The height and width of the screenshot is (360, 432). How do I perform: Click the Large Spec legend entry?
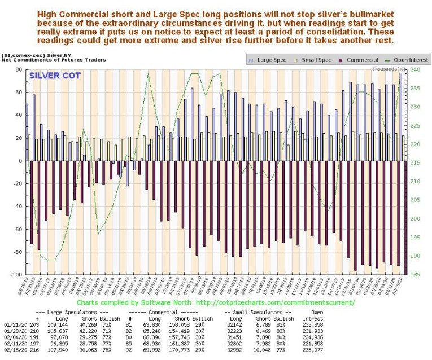point(269,59)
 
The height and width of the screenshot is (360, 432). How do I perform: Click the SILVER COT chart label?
point(54,76)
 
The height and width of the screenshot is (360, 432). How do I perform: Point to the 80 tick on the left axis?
point(19,70)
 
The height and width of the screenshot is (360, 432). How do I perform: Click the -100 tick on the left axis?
point(16,275)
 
